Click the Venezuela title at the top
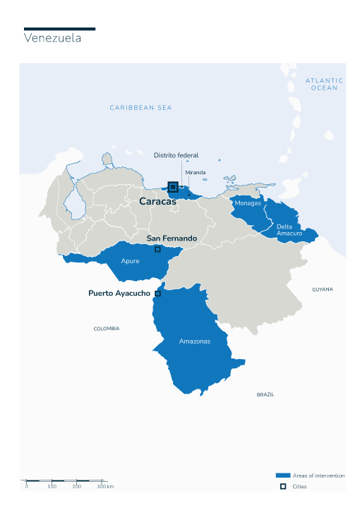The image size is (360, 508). (52, 38)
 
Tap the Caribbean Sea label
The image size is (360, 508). (140, 108)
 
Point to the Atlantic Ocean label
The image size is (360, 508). (324, 84)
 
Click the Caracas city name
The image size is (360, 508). (157, 202)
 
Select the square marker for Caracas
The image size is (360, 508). (172, 187)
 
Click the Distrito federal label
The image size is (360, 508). (176, 155)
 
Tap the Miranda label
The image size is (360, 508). (195, 172)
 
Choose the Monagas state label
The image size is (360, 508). (248, 203)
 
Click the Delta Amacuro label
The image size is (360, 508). (289, 229)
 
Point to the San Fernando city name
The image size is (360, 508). (172, 238)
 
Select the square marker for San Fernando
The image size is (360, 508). (157, 249)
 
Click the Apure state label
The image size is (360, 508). (130, 261)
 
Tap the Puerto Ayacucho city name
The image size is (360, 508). (119, 293)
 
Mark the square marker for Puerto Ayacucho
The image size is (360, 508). (157, 294)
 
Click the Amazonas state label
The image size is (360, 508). (194, 341)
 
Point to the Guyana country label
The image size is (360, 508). (323, 289)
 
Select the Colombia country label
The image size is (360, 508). (107, 329)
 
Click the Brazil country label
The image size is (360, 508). (265, 394)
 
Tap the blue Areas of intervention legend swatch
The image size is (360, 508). (283, 476)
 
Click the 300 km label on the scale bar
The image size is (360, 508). (105, 487)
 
